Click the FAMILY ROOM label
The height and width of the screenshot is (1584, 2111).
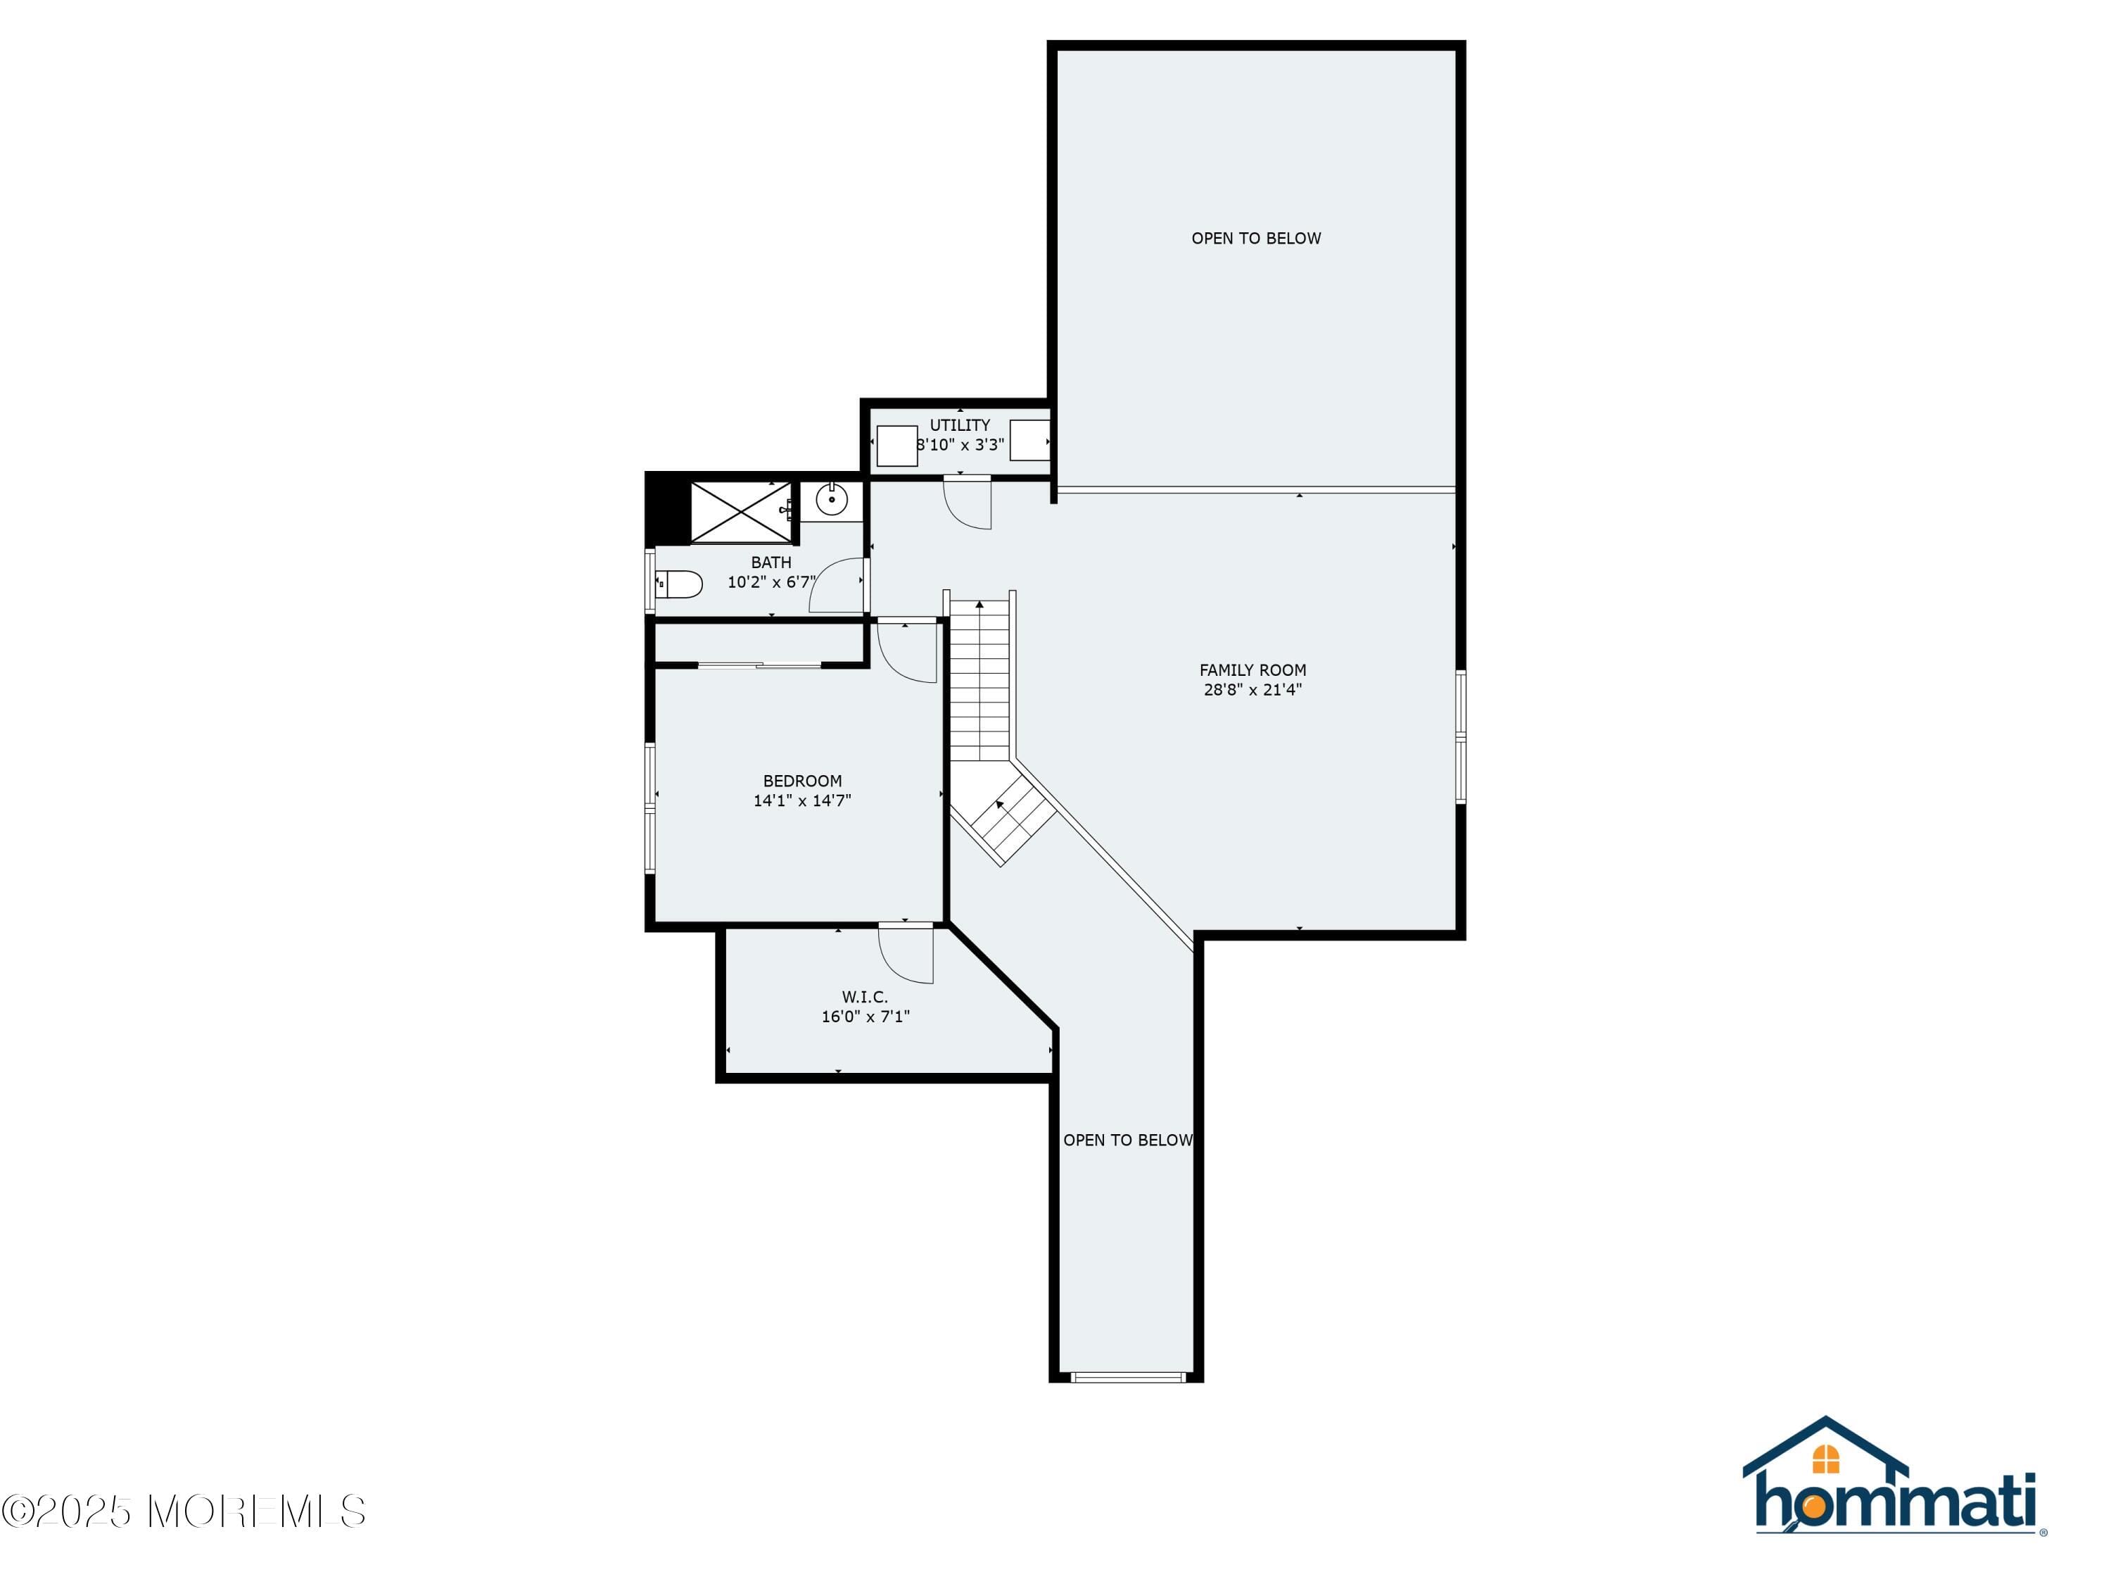click(x=1252, y=670)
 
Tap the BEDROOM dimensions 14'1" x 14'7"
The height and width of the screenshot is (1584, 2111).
click(x=801, y=801)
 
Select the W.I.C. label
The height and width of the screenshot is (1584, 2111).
click(x=865, y=997)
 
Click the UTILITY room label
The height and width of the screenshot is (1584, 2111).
click(x=960, y=425)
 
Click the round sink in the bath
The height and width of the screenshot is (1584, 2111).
click(x=831, y=499)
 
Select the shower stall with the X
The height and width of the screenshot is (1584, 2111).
click(x=740, y=513)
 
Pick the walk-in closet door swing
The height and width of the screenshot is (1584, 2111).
click(x=906, y=955)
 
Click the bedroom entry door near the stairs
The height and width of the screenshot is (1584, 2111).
click(x=906, y=652)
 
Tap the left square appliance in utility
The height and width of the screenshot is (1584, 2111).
click(x=896, y=446)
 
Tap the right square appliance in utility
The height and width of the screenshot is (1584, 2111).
click(x=1029, y=440)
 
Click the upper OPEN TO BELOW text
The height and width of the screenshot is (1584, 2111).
click(x=1256, y=239)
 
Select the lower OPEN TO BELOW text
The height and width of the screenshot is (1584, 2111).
click(x=1127, y=1140)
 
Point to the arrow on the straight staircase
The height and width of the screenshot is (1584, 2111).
click(x=980, y=604)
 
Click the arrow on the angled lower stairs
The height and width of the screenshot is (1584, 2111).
click(x=999, y=805)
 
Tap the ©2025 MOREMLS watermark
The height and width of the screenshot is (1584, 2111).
click(x=183, y=1511)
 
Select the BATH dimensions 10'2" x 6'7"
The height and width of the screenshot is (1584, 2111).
click(x=771, y=582)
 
